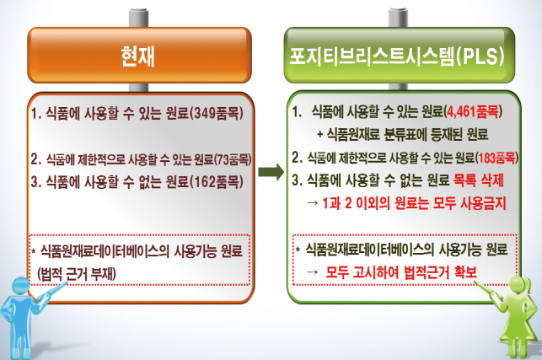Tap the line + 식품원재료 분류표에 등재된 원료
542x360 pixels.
(x=402, y=134)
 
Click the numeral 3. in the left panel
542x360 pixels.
(x=34, y=180)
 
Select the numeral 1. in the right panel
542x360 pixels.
(x=296, y=111)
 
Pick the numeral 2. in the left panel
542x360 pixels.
(x=35, y=159)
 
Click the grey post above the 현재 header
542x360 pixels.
(x=137, y=17)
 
